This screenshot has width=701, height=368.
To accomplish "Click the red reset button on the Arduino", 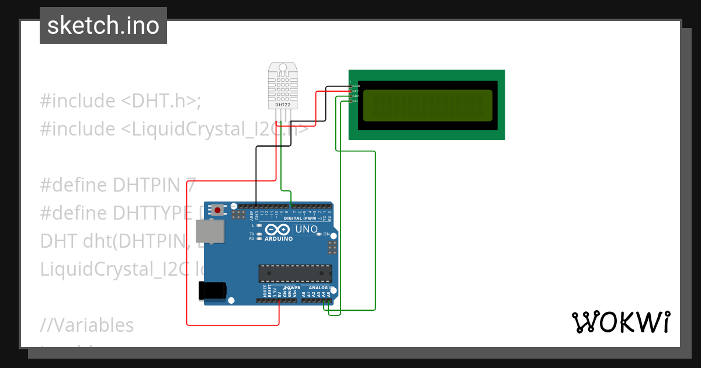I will coord(218,209).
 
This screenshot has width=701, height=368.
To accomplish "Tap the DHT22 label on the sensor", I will coord(283,104).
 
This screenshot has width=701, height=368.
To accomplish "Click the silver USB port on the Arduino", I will coord(209,231).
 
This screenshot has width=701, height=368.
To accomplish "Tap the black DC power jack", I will coord(211,290).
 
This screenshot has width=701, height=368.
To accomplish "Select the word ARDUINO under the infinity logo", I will coord(278,239).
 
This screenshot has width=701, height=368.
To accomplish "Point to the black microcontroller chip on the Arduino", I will coord(296,273).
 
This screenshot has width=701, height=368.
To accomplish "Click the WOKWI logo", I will coord(620,322).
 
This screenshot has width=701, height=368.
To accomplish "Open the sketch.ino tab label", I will coord(103,26).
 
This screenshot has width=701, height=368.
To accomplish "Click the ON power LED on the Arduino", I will coord(319,234).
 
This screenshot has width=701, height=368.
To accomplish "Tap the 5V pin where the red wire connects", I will coord(279,301).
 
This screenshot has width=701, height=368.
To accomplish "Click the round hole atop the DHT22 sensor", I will coord(283,68).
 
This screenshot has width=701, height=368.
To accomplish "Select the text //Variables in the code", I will coord(87,325).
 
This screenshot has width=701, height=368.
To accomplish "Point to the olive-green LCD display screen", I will coord(427,105).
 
